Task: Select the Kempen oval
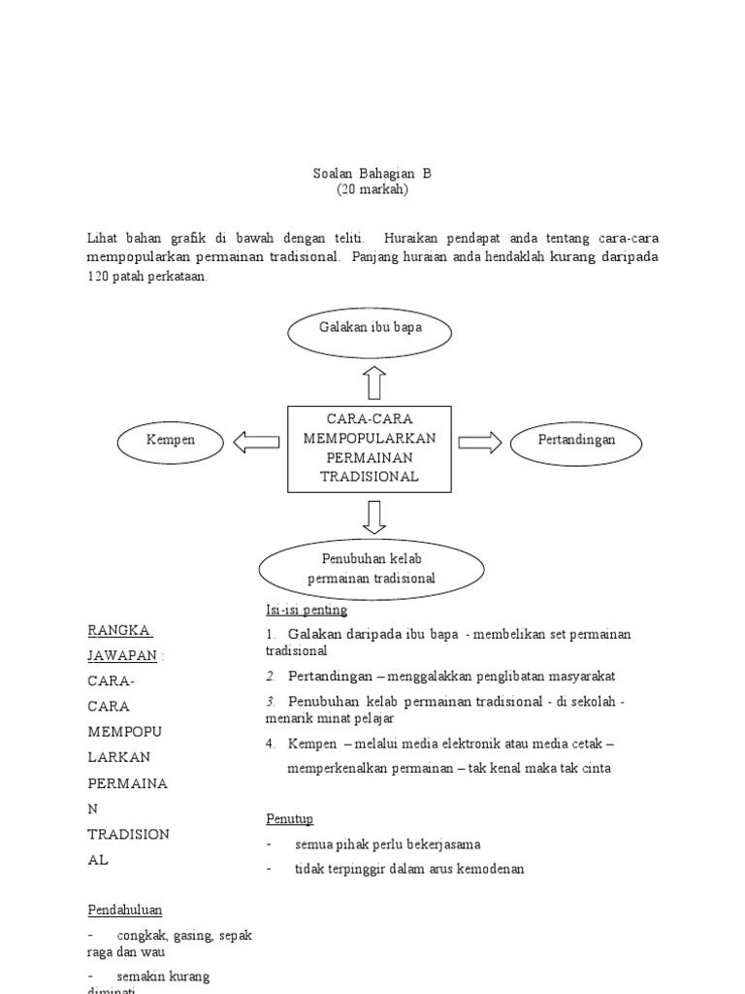coord(171,442)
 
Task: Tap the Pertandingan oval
coord(576,442)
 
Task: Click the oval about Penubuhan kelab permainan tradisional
coord(371,569)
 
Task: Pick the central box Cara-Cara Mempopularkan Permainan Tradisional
coord(370,447)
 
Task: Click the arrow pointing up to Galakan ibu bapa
coord(375,382)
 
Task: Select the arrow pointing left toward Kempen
coord(256,443)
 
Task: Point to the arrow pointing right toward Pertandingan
coord(480,443)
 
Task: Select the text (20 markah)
coord(372,190)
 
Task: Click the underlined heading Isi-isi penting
coord(307,610)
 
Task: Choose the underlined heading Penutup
coord(289,818)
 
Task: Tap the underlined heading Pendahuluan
coord(125,910)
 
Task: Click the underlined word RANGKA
coord(118,630)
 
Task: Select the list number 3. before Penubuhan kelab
coord(272,702)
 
